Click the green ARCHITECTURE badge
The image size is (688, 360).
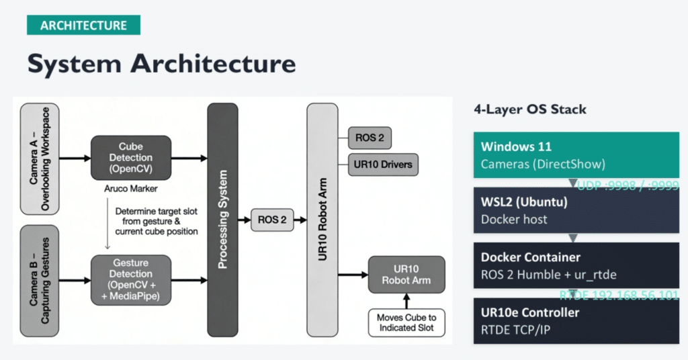pyautogui.click(x=83, y=26)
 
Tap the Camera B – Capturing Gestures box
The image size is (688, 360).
pyautogui.click(x=40, y=280)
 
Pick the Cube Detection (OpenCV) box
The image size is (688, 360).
pyautogui.click(x=131, y=158)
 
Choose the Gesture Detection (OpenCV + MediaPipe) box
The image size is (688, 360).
pyautogui.click(x=131, y=279)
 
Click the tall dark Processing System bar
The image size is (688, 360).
pyautogui.click(x=223, y=220)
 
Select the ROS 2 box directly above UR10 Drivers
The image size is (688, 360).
pyautogui.click(x=369, y=138)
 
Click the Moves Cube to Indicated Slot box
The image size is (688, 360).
pyautogui.click(x=406, y=322)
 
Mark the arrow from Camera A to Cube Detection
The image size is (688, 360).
pyautogui.click(x=75, y=159)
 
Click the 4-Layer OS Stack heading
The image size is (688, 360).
pyautogui.click(x=530, y=109)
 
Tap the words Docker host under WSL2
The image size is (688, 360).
pyautogui.click(x=514, y=219)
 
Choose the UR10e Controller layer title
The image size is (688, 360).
pyautogui.click(x=530, y=312)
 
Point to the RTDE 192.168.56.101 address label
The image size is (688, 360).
pyautogui.click(x=619, y=296)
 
